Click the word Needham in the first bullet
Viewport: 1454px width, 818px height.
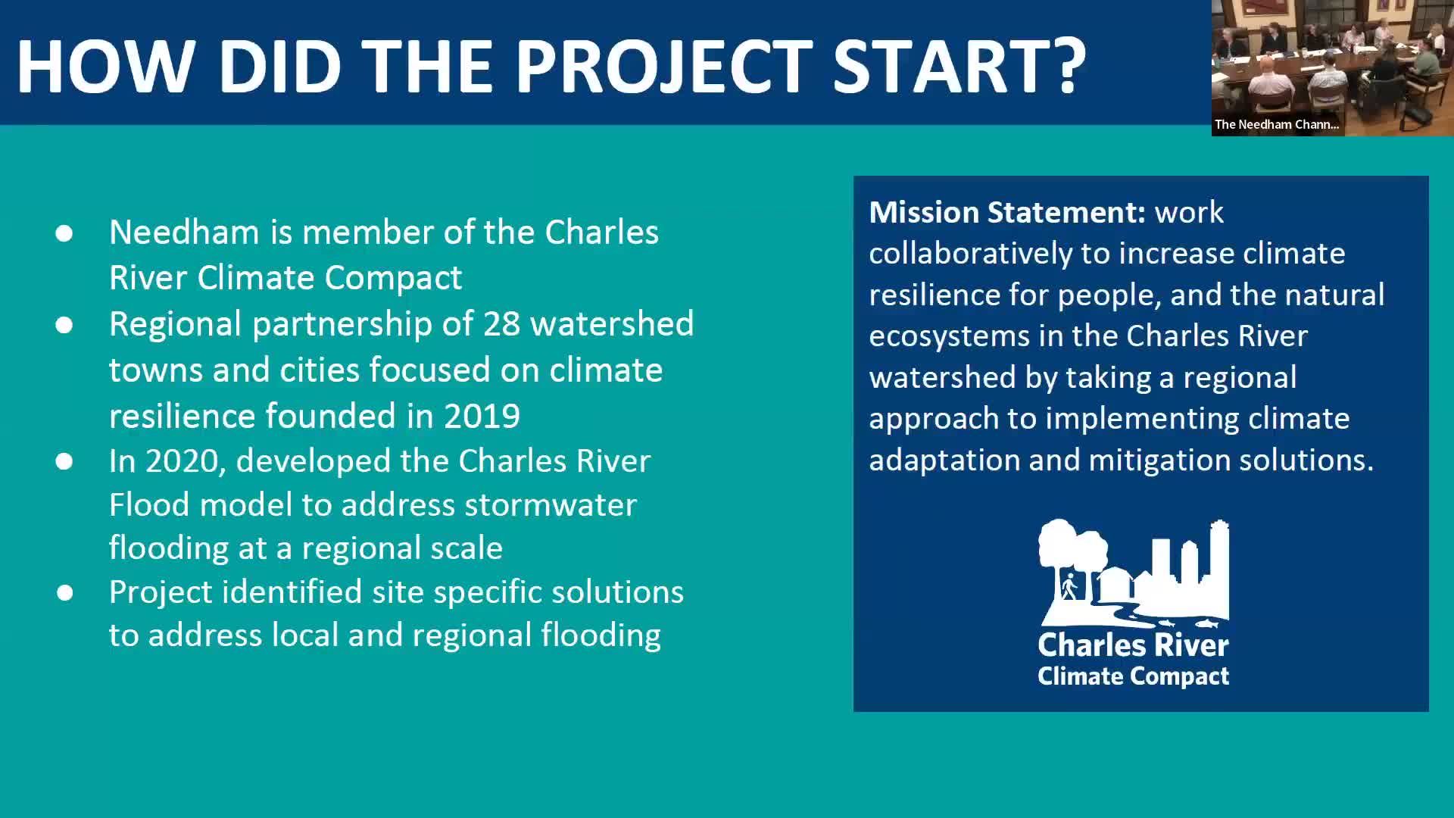[184, 232]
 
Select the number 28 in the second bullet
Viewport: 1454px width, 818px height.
[501, 323]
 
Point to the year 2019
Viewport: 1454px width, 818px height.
[482, 416]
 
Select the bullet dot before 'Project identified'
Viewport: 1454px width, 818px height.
[64, 593]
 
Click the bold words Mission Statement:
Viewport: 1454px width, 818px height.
[1007, 212]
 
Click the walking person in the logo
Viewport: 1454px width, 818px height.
[1069, 587]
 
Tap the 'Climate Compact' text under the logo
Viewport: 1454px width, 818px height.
[1133, 676]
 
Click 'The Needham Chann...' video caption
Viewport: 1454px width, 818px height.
[1277, 124]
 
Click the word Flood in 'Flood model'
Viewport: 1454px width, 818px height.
[149, 504]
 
